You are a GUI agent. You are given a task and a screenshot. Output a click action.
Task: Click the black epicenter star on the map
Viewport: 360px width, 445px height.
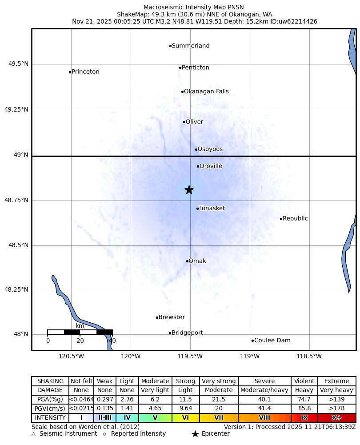189,190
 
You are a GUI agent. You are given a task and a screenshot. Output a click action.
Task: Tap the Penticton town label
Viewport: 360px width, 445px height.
195,68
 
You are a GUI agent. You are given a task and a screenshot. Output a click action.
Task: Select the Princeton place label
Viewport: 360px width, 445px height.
85,72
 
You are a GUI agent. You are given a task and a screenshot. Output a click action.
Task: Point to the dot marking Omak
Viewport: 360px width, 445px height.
187,261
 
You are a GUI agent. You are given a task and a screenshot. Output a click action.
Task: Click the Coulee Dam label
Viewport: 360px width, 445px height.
272,341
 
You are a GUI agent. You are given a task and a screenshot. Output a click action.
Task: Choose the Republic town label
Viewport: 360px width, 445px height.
295,218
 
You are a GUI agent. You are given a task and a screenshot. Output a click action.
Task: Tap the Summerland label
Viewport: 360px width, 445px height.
190,46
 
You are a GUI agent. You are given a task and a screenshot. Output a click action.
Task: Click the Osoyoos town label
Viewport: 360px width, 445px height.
210,149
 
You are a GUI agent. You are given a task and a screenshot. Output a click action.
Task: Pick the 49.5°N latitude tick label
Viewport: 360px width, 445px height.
18,64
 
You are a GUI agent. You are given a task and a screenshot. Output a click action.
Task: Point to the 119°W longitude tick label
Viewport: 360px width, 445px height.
250,356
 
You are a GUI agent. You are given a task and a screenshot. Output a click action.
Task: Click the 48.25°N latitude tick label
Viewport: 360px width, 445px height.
16,289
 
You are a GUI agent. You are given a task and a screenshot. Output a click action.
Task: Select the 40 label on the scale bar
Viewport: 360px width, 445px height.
112,341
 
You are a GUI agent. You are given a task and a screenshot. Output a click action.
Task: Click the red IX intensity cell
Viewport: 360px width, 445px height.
304,418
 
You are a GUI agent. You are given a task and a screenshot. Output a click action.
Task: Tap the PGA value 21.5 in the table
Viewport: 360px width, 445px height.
219,400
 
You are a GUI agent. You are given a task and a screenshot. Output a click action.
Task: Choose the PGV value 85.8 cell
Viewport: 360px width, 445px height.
304,409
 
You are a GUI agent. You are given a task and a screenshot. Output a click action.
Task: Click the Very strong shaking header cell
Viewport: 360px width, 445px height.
219,381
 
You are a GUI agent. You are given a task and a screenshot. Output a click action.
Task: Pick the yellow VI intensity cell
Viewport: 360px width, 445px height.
185,418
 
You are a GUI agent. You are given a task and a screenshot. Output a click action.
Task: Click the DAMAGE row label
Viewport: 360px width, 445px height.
50,390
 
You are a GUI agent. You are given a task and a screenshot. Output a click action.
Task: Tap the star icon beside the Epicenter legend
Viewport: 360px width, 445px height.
195,434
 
